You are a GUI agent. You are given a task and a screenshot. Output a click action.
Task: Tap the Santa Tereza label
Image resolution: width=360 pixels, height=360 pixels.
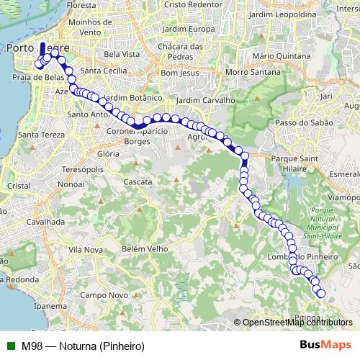point(41,134)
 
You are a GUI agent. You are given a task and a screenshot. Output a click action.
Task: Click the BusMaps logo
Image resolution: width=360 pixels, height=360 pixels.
point(326,346)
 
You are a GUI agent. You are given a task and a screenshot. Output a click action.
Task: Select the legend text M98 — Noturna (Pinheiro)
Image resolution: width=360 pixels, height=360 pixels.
point(83,346)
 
